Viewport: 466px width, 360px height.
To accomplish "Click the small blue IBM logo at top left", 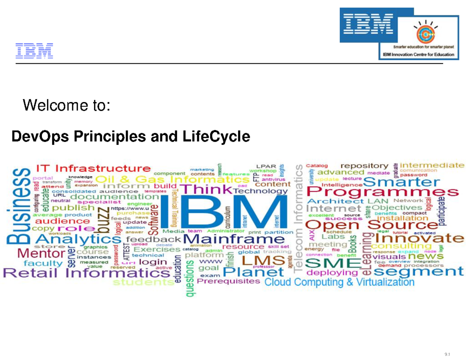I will click(34, 51).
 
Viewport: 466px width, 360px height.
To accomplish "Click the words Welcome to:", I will click(67, 105).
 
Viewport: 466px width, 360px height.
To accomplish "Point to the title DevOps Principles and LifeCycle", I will click(131, 137).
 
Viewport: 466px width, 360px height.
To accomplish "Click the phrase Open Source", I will click(372, 224).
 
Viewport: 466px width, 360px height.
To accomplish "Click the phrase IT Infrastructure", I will click(94, 169).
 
